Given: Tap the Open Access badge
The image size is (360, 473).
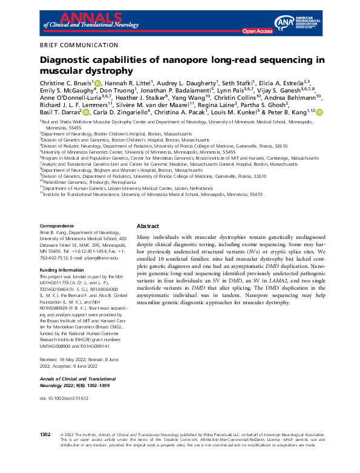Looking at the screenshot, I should (257, 30).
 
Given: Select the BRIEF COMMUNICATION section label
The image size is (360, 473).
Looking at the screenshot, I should (79, 45).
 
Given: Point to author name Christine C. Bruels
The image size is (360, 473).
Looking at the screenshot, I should (65, 83).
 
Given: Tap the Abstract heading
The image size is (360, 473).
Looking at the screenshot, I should (148, 224).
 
